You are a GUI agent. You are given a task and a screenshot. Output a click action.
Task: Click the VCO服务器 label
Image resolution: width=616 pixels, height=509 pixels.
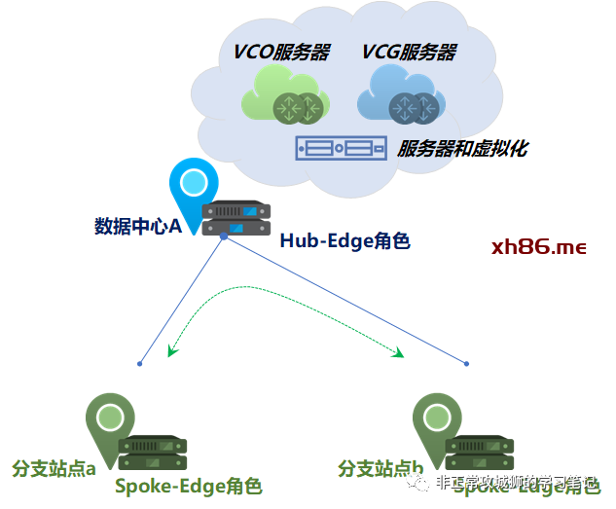pos(281,53)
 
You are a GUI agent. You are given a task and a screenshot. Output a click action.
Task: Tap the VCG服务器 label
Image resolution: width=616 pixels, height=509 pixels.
pos(410,53)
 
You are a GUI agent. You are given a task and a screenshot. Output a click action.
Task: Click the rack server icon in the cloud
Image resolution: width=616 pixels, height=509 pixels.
pos(340,149)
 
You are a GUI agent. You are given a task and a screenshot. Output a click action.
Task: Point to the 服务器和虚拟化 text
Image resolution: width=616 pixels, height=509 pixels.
pos(462,149)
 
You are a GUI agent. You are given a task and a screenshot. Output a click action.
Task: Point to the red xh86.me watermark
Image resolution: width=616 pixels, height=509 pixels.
pos(539,247)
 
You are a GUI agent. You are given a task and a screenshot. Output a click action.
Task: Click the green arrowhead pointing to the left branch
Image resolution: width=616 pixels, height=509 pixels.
pos(172,350)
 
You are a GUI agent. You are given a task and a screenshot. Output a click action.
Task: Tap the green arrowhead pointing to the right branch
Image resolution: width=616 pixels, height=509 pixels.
pos(397,353)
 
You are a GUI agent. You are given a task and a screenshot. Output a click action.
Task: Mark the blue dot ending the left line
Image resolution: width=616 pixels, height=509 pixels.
pos(140,364)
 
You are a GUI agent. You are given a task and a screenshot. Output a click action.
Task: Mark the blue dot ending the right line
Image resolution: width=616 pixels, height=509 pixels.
pos(466,364)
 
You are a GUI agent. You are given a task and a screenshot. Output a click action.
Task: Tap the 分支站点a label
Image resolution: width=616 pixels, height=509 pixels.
pos(54,469)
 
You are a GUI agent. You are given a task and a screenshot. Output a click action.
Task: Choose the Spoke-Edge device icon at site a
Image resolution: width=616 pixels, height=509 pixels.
pos(153,454)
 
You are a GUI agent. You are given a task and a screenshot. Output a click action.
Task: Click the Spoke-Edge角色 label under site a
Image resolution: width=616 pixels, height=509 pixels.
pos(189,486)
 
